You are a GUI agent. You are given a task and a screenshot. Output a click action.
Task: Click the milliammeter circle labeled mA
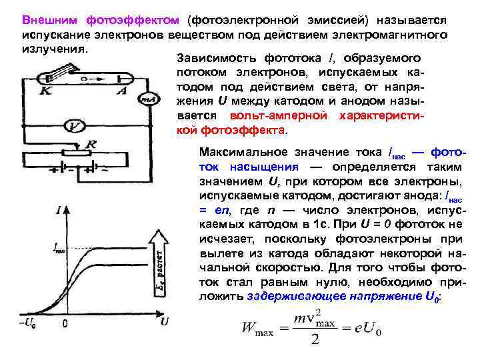pos(147,101)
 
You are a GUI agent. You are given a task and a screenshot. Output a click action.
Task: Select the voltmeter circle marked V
pos(77,125)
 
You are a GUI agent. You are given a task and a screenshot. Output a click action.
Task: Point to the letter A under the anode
pos(121,91)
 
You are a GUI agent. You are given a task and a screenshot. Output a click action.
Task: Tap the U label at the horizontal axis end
pos(163,322)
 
